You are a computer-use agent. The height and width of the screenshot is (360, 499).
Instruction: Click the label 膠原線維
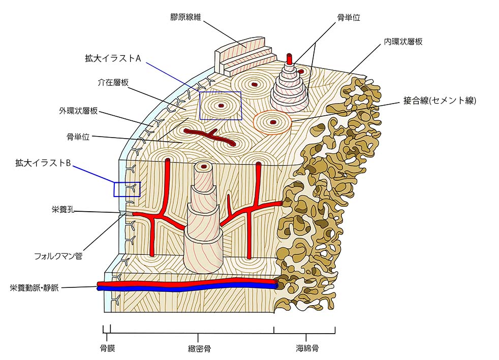[x=186, y=17]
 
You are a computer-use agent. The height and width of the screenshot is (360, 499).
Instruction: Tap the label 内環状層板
[x=403, y=42]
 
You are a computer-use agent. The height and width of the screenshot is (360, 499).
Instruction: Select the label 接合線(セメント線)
[x=439, y=101]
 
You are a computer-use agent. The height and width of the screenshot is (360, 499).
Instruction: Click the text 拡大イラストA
[x=113, y=58]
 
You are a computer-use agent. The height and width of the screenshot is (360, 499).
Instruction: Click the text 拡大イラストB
[x=42, y=163]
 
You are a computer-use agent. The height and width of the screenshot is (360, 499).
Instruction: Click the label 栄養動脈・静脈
[x=34, y=288]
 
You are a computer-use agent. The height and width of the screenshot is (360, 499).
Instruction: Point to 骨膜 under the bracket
[x=107, y=348]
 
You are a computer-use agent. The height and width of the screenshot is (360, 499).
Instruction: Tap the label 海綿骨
[x=307, y=348]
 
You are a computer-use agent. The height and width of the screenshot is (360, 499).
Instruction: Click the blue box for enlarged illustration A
[x=220, y=106]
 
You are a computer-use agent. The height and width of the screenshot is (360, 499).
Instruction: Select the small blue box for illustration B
[x=127, y=189]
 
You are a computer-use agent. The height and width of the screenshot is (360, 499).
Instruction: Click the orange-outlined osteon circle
[x=272, y=122]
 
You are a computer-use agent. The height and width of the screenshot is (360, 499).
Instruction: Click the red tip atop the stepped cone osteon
[x=290, y=58]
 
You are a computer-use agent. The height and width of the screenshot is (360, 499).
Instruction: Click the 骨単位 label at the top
[x=349, y=17]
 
